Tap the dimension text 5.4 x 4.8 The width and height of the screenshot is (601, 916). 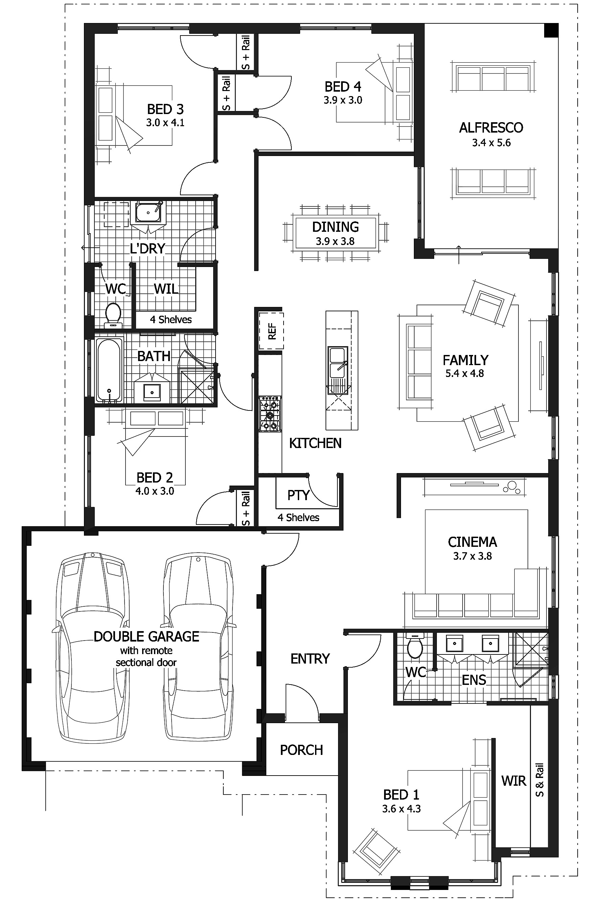point(465,373)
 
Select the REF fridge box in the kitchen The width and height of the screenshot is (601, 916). point(271,331)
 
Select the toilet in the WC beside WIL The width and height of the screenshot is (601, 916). point(113,314)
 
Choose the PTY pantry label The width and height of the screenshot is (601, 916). point(298,495)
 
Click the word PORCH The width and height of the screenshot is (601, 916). point(302,750)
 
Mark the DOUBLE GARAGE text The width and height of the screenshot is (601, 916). point(146,636)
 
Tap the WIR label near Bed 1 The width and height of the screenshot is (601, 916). point(513,781)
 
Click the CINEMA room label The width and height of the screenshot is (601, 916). point(472,542)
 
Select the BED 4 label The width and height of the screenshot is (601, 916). point(343,87)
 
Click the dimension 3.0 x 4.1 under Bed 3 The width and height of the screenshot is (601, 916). point(165,123)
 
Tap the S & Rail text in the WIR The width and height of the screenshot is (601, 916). point(540,780)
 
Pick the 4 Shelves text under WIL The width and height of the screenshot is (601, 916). point(171,319)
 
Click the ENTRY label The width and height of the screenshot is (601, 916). point(310,658)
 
